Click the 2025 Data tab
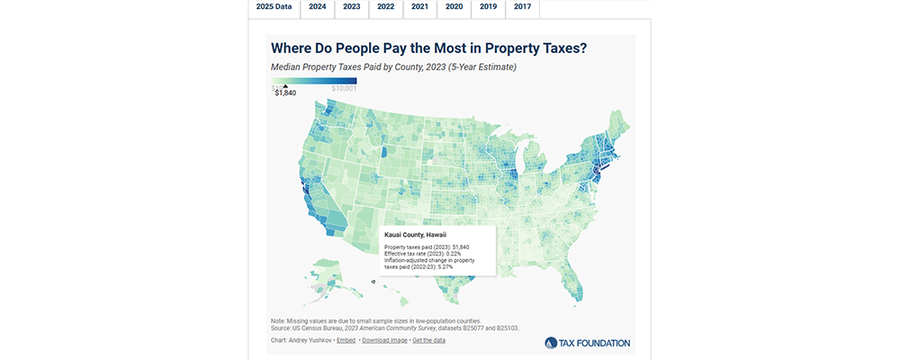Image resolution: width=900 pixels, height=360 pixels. pos(274,7)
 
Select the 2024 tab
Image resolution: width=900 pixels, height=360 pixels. pos(318,7)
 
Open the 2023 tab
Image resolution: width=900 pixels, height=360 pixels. pos(352,7)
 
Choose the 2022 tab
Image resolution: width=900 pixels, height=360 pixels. pos(386,7)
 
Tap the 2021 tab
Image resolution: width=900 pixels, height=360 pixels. pos(420,7)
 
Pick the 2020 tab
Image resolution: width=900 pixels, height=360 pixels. pos(454,7)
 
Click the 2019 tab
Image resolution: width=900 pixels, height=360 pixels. pos(489,7)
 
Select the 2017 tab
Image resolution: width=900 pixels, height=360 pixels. pos(522,7)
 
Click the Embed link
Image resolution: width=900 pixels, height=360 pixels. pos(346,341)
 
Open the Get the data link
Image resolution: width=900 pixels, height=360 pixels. pos(430,341)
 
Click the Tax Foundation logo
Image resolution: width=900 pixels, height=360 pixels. pos(587,342)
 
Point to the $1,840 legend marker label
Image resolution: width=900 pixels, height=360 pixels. pos(285,93)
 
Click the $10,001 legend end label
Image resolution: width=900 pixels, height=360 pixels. pos(345,88)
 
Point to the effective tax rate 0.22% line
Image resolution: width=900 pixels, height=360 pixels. pos(421,254)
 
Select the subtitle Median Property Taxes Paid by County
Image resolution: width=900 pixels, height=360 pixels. pos(393,67)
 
